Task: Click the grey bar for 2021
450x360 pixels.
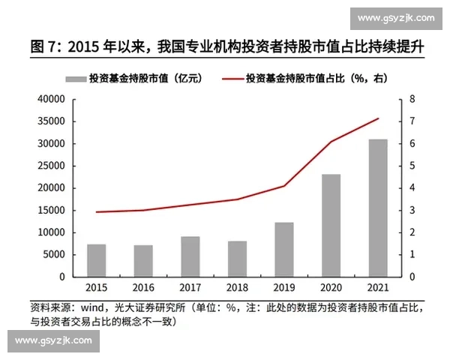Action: (x=378, y=208)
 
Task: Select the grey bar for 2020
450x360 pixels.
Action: (x=331, y=225)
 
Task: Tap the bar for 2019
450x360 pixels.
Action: (x=284, y=249)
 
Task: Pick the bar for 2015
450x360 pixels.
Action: (x=96, y=260)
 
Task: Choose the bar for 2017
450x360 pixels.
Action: (x=190, y=256)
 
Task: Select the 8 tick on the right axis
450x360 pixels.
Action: (x=412, y=99)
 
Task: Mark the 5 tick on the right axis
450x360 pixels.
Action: (x=412, y=166)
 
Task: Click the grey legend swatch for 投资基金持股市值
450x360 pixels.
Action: (x=75, y=77)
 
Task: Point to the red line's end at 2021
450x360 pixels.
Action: (x=378, y=118)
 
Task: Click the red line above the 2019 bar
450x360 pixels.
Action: (x=284, y=185)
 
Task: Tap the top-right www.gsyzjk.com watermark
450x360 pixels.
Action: (x=396, y=18)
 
